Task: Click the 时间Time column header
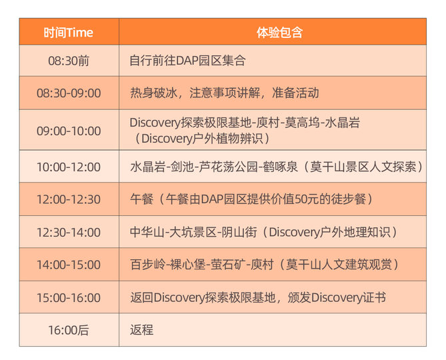pyautogui.click(x=68, y=33)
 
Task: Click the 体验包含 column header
pyautogui.click(x=279, y=33)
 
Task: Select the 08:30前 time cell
pyautogui.click(x=69, y=61)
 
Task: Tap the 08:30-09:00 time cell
pyautogui.click(x=69, y=93)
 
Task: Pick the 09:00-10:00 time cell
pyautogui.click(x=69, y=131)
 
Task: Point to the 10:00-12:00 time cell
pyautogui.click(x=69, y=167)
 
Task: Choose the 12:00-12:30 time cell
pyautogui.click(x=69, y=199)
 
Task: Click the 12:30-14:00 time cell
pyautogui.click(x=69, y=232)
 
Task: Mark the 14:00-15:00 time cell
pyautogui.click(x=69, y=265)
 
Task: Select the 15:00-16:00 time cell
pyautogui.click(x=69, y=298)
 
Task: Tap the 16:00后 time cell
pyautogui.click(x=69, y=330)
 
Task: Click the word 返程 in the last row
pyautogui.click(x=141, y=330)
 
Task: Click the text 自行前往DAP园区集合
pyautogui.click(x=187, y=61)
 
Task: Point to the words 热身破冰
pyautogui.click(x=153, y=93)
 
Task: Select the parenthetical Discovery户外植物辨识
pyautogui.click(x=202, y=139)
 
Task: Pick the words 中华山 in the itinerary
pyautogui.click(x=147, y=232)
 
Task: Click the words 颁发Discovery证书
pyautogui.click(x=337, y=298)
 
